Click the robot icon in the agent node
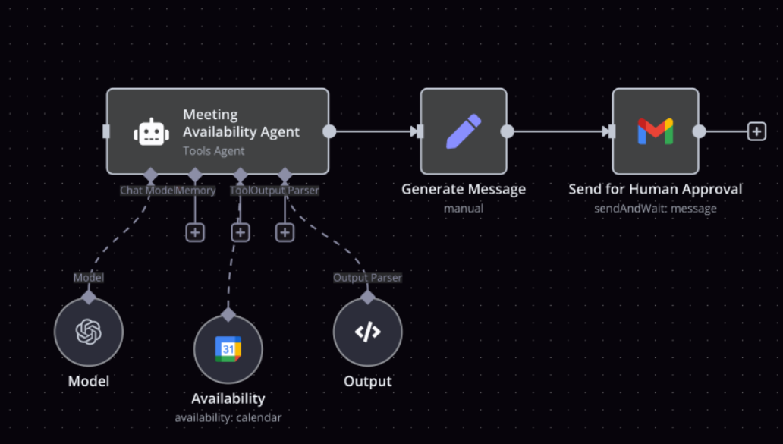(151, 132)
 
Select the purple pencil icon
(464, 131)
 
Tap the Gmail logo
(656, 131)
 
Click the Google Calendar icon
(228, 348)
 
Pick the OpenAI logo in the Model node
(88, 332)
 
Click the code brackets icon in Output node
(367, 332)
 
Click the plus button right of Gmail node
(756, 131)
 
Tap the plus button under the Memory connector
(195, 232)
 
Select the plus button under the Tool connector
(241, 232)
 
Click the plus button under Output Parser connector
(285, 232)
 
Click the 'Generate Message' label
(464, 189)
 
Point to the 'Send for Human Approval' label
(656, 189)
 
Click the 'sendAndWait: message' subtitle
(656, 209)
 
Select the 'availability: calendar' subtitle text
(228, 417)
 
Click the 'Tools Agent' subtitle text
(214, 151)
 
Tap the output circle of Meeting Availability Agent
(329, 131)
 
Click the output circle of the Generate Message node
(507, 131)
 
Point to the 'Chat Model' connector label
(147, 191)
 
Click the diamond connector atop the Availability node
(228, 315)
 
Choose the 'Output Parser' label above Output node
(367, 278)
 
